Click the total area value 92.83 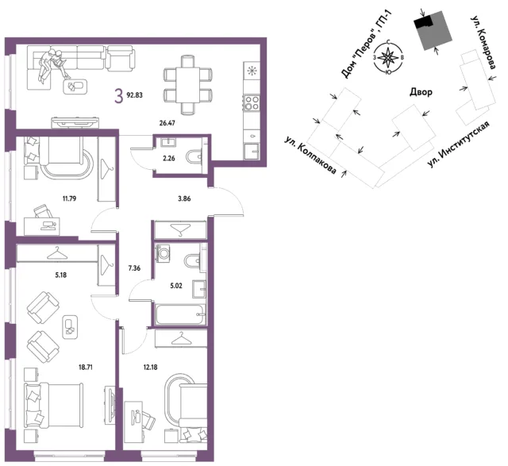[x=134, y=95]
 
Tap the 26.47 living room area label [x=167, y=123]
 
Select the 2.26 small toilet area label [x=169, y=159]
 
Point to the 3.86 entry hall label [x=184, y=198]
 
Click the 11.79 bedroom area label [x=69, y=198]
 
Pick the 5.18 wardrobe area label [x=61, y=275]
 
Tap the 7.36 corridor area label [x=134, y=268]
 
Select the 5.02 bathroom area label [x=176, y=286]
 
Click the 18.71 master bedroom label [x=86, y=368]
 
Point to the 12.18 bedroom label [x=150, y=368]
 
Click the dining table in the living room [x=188, y=85]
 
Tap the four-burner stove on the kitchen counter [x=252, y=102]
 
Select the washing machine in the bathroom [x=162, y=253]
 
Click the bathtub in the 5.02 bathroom [x=180, y=314]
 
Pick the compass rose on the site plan [x=388, y=58]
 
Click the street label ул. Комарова [x=483, y=43]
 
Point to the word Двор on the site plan [x=421, y=92]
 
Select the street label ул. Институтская [x=459, y=144]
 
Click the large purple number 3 [x=119, y=96]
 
